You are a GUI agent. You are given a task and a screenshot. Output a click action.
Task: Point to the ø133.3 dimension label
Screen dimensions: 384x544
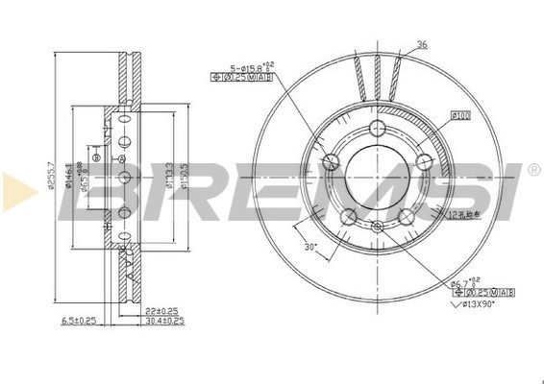[x=168, y=177]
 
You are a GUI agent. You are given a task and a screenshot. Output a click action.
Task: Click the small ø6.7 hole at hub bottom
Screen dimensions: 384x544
[x=377, y=227]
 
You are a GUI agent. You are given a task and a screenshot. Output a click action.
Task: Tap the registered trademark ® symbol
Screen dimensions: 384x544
[x=532, y=170]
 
